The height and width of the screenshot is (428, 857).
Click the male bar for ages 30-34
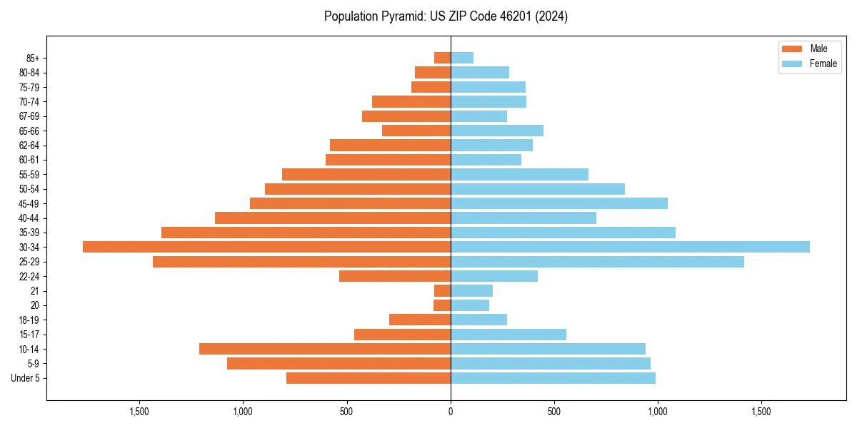point(266,247)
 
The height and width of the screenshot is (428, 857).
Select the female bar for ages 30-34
point(630,247)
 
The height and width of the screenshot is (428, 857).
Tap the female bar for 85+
point(462,58)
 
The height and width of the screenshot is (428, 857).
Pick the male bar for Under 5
point(369,378)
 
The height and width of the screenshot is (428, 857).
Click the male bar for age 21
point(442,290)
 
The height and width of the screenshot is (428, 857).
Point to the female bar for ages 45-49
point(559,203)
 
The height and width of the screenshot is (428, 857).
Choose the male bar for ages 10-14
point(325,349)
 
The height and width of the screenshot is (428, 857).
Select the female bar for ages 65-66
point(497,131)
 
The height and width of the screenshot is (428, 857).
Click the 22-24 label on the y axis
point(29,276)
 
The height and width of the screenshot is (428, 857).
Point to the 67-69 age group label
point(29,116)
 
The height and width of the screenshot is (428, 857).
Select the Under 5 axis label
point(25,378)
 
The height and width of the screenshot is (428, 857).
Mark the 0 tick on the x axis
point(451,412)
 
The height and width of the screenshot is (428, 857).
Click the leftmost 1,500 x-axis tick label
point(139,412)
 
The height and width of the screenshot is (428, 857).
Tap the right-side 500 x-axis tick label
point(554,412)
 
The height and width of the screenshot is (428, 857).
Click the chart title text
point(446,16)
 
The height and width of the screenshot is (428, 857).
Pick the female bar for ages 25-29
point(597,262)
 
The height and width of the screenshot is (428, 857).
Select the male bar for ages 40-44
point(333,218)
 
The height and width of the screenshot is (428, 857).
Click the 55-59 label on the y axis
point(29,174)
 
